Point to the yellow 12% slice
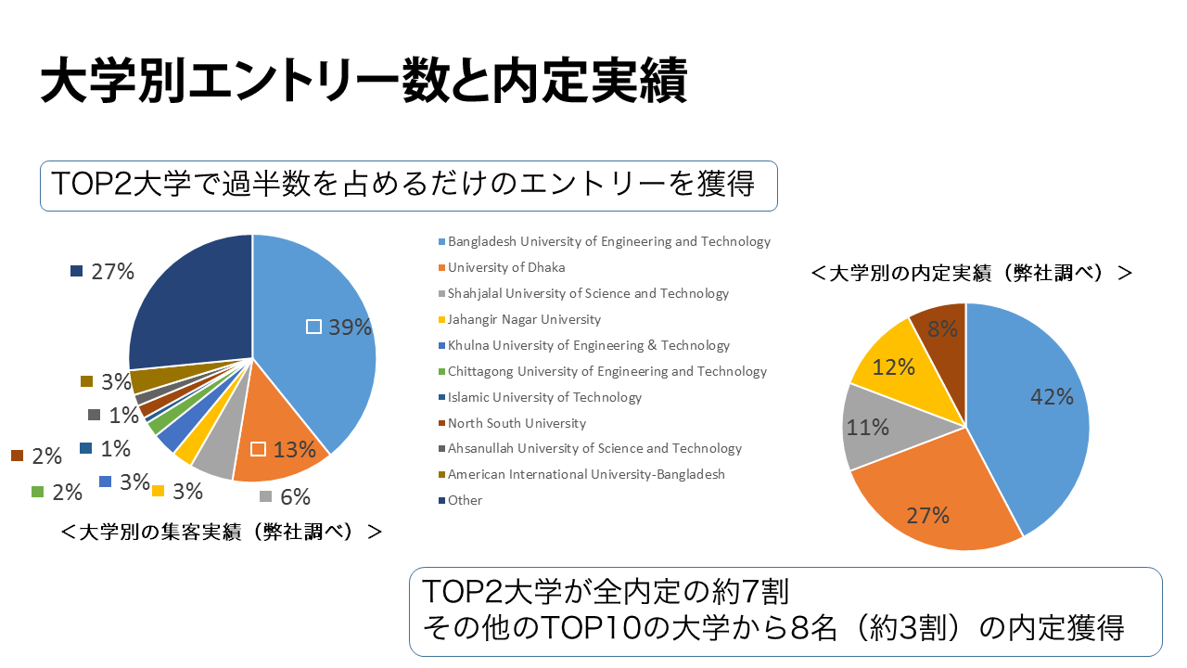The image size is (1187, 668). click(x=890, y=366)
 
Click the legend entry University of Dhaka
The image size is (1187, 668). click(x=505, y=267)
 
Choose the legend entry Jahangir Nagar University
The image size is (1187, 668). click(x=524, y=319)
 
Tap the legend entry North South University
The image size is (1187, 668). click(x=517, y=423)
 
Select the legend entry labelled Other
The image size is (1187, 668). click(x=465, y=500)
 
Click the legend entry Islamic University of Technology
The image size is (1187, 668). click(x=544, y=397)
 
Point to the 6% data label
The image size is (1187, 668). click(x=294, y=497)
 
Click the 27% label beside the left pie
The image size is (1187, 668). click(x=112, y=272)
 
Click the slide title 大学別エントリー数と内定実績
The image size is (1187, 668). click(x=364, y=82)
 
